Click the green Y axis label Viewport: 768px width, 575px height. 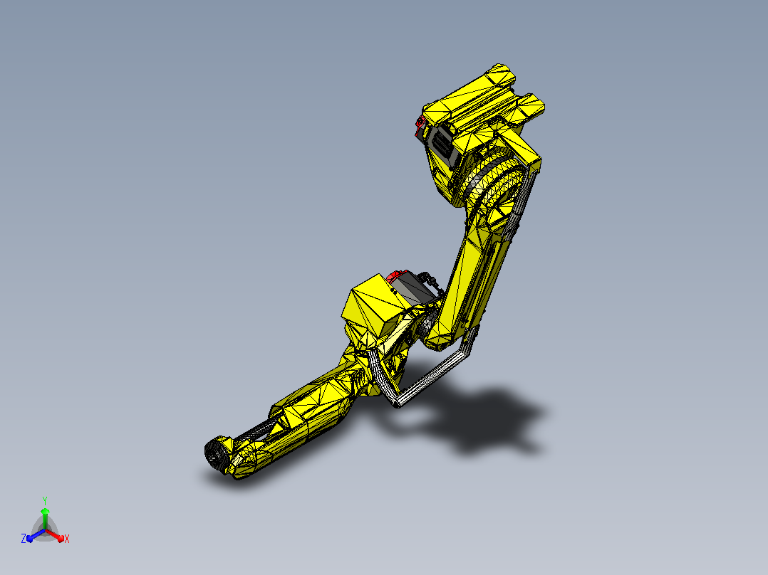pyautogui.click(x=45, y=500)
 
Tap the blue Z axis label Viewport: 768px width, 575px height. pyautogui.click(x=23, y=538)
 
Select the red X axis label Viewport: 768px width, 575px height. pyautogui.click(x=67, y=539)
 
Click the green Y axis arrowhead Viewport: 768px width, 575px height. pyautogui.click(x=45, y=512)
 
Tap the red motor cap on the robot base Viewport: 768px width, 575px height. pyautogui.click(x=419, y=126)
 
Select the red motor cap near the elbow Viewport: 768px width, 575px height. pyautogui.click(x=396, y=277)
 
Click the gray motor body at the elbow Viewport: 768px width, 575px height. pyautogui.click(x=413, y=289)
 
